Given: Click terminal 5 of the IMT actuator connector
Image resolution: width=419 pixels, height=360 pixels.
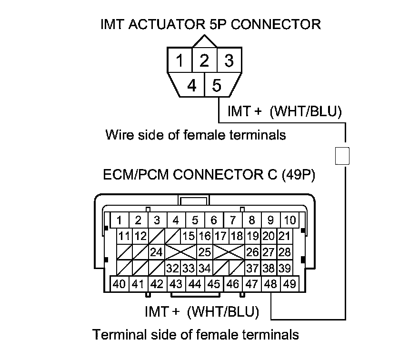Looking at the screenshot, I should pyautogui.click(x=217, y=86).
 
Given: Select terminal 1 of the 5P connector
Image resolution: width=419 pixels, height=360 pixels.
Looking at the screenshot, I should pyautogui.click(x=180, y=61).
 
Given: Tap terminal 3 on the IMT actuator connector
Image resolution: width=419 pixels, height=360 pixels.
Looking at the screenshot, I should pyautogui.click(x=229, y=61).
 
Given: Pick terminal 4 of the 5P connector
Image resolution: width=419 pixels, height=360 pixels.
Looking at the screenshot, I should pyautogui.click(x=192, y=86).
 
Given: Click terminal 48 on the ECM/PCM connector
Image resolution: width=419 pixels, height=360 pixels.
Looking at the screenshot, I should pyautogui.click(x=270, y=284).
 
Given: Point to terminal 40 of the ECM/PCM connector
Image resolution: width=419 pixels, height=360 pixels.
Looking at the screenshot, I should pyautogui.click(x=120, y=284).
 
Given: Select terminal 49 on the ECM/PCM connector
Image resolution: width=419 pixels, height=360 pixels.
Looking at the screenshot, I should pyautogui.click(x=289, y=284).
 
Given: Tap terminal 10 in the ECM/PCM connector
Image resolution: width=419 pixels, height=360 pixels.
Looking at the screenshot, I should pyautogui.click(x=289, y=220).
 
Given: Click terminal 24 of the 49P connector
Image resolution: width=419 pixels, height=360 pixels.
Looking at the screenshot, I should pyautogui.click(x=157, y=252).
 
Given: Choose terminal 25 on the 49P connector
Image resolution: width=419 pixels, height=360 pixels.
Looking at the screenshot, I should pyautogui.click(x=204, y=252).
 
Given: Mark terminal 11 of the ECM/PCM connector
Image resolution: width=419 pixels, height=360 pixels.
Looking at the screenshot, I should pyautogui.click(x=125, y=236).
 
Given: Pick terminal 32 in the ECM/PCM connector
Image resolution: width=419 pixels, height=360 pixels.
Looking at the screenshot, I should pyautogui.click(x=172, y=268).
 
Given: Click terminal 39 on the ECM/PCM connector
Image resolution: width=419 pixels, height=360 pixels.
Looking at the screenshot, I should pyautogui.click(x=284, y=268).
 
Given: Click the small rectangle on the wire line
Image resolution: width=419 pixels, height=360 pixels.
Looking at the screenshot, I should pyautogui.click(x=343, y=156).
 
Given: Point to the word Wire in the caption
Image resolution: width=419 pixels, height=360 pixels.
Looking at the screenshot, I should pyautogui.click(x=118, y=135).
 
